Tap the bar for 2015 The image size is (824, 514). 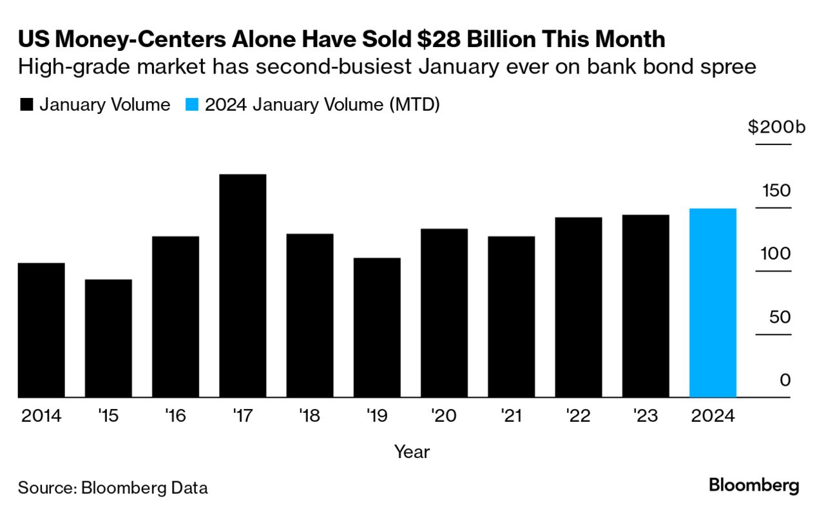pyautogui.click(x=108, y=338)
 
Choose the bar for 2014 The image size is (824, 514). pyautogui.click(x=41, y=330)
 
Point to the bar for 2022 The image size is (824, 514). pyautogui.click(x=578, y=307)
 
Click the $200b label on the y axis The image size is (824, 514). pyautogui.click(x=776, y=127)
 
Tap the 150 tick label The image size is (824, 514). pyautogui.click(x=776, y=191)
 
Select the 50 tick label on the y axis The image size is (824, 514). pyautogui.click(x=778, y=317)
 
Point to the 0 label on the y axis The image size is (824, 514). pyautogui.click(x=784, y=380)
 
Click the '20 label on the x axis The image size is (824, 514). pyautogui.click(x=444, y=416)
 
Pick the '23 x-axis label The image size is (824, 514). pyautogui.click(x=645, y=416)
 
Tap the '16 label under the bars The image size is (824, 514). pyautogui.click(x=175, y=416)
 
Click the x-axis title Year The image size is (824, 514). pyautogui.click(x=412, y=452)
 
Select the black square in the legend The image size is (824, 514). pyautogui.click(x=26, y=105)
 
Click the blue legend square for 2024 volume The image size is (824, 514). pyautogui.click(x=192, y=105)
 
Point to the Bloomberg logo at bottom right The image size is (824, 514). pyautogui.click(x=754, y=485)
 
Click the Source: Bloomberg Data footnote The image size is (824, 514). pyautogui.click(x=113, y=488)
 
